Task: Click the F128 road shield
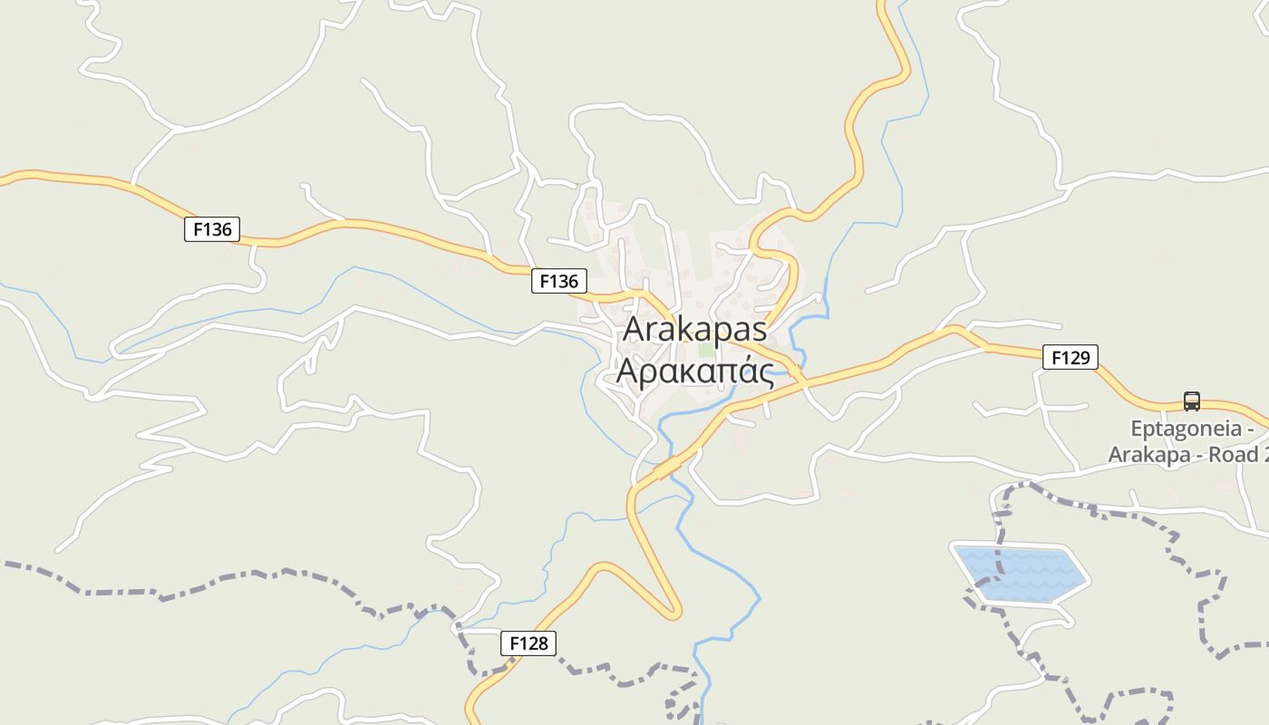pyautogui.click(x=528, y=643)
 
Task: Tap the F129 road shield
pyautogui.click(x=1070, y=358)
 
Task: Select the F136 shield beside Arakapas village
pyautogui.click(x=558, y=281)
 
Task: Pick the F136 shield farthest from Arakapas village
pyautogui.click(x=212, y=229)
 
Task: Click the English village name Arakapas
pyautogui.click(x=694, y=329)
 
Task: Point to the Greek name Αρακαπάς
pyautogui.click(x=694, y=371)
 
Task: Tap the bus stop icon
pyautogui.click(x=1191, y=401)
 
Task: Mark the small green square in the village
pyautogui.click(x=706, y=350)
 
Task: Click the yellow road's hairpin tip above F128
pyautogui.click(x=674, y=614)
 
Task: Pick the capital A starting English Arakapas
pyautogui.click(x=635, y=329)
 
